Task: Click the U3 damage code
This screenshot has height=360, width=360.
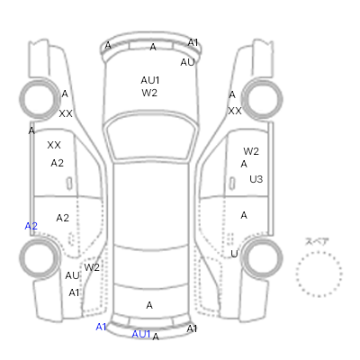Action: [x=256, y=179]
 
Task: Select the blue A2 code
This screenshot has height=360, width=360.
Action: [x=31, y=226]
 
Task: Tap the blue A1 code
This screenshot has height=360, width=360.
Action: [x=101, y=327]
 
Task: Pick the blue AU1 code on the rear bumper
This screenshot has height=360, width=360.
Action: [x=141, y=334]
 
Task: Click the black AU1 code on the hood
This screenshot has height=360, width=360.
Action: [x=150, y=80]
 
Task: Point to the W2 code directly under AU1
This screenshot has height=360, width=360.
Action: [x=149, y=93]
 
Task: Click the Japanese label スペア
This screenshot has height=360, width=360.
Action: [x=317, y=241]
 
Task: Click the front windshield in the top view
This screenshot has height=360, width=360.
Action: [x=152, y=137]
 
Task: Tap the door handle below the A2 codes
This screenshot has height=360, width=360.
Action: [x=69, y=184]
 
